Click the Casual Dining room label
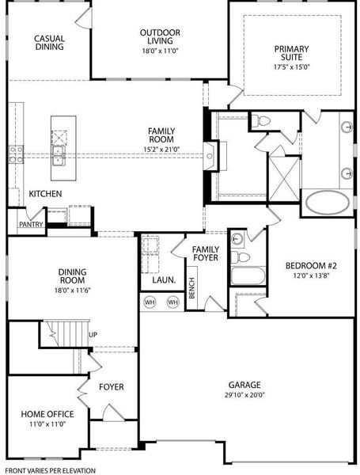tap(49, 43)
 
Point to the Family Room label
tap(161, 135)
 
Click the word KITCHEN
tap(46, 194)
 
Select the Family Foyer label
tap(206, 254)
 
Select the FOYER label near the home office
tap(111, 387)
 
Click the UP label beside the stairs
tap(93, 335)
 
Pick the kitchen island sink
tap(59, 150)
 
